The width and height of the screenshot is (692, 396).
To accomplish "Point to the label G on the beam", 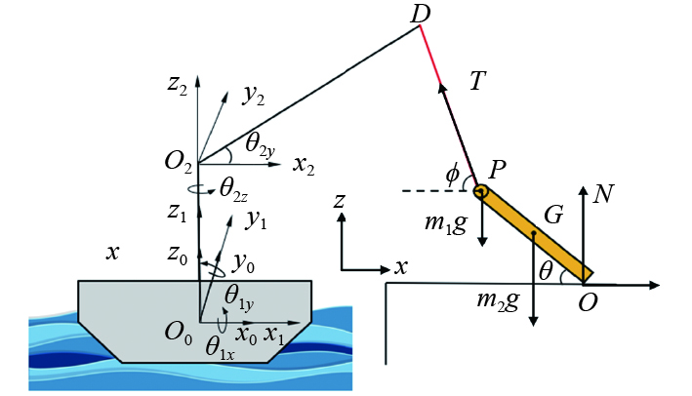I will point(553,216).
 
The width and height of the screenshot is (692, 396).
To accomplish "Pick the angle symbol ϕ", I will point(452,175).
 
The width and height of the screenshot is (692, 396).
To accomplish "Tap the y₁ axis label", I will point(257,220).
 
